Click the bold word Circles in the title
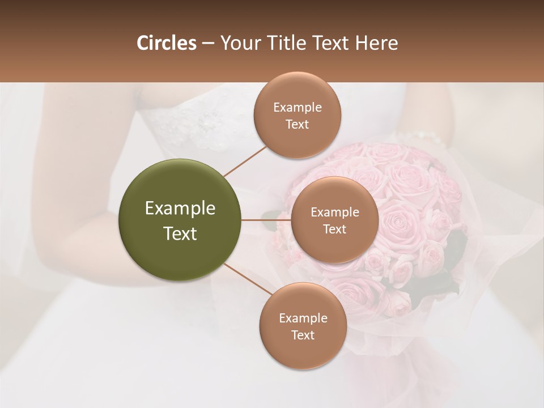click(x=166, y=43)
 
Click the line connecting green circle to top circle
click(x=245, y=161)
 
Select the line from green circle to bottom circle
click(x=244, y=279)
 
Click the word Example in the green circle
click(x=180, y=208)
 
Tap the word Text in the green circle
click(x=180, y=233)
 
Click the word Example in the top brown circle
click(x=297, y=107)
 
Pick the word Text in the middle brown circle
click(x=334, y=229)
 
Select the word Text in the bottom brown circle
click(x=303, y=335)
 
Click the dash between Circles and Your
click(x=207, y=44)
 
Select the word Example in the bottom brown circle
click(x=303, y=318)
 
